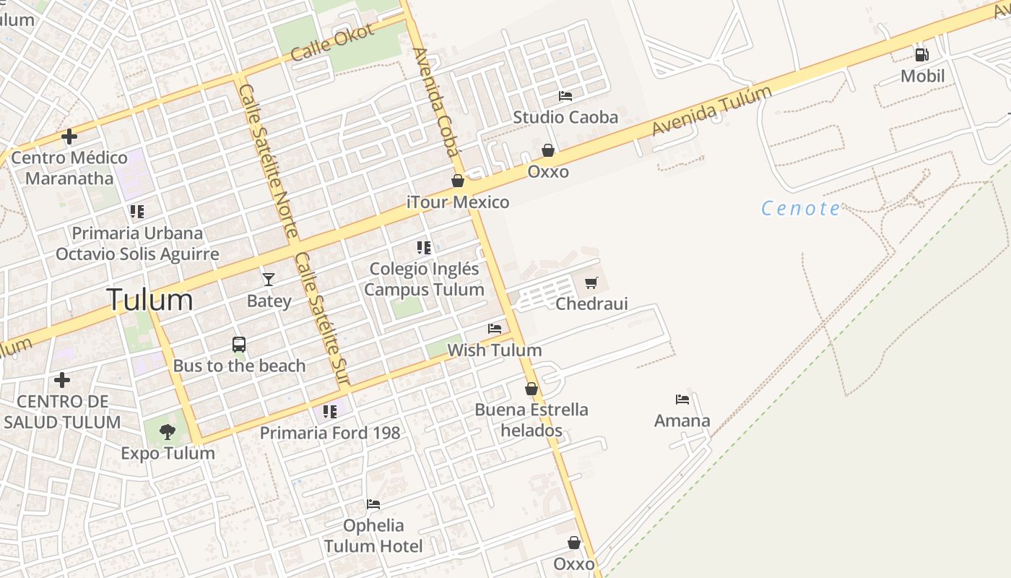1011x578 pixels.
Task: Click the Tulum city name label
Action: point(150,299)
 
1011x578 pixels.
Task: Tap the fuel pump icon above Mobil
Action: point(922,54)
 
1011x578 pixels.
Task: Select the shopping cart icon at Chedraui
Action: point(591,282)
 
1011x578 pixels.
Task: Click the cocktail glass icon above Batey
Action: point(269,279)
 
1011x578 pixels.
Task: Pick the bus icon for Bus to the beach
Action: point(239,345)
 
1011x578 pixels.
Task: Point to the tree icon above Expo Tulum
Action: point(168,432)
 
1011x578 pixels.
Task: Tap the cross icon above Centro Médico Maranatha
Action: point(69,136)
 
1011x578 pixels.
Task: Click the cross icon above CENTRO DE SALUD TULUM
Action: point(62,379)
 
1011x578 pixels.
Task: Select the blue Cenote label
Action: point(801,209)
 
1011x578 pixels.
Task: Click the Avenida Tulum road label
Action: point(712,111)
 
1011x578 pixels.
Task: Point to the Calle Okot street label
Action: point(332,42)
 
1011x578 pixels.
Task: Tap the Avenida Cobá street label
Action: point(435,102)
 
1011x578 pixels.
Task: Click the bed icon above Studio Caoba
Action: point(565,95)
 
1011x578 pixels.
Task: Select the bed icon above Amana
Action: point(682,399)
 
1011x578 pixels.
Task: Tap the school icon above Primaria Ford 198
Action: point(330,412)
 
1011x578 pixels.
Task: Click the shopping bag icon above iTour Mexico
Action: point(458,181)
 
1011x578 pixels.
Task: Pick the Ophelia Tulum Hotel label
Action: point(373,535)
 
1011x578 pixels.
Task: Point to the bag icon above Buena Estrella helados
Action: point(531,389)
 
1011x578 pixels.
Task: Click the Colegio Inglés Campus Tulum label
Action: point(424,279)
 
